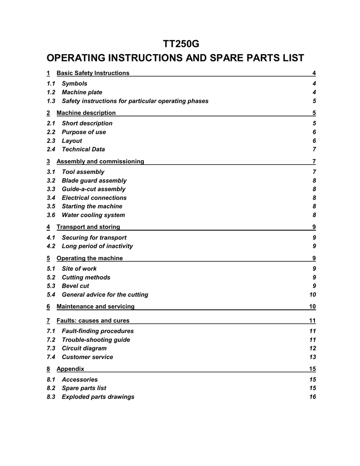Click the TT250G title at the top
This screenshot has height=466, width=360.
click(x=181, y=44)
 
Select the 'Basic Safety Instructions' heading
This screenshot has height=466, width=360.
click(x=93, y=73)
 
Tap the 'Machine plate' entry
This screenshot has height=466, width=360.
click(x=82, y=92)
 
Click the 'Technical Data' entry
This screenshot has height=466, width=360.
click(x=83, y=149)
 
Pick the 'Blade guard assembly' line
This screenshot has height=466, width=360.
click(x=94, y=181)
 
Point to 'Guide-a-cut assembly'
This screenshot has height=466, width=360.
click(x=94, y=189)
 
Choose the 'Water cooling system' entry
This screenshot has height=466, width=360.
click(x=93, y=215)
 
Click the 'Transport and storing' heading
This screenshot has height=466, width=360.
click(x=88, y=227)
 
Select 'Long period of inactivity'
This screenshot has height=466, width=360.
click(x=97, y=246)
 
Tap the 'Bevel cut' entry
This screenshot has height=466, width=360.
click(x=76, y=286)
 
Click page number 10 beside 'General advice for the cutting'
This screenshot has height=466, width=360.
click(x=312, y=295)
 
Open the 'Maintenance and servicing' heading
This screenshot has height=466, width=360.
click(x=96, y=306)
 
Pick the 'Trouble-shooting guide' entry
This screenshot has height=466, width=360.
click(x=96, y=340)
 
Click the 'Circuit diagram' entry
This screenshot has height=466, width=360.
click(x=84, y=349)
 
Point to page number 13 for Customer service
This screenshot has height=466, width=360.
click(x=312, y=357)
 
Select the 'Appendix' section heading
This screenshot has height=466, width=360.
click(x=70, y=368)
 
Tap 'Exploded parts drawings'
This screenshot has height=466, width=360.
click(x=98, y=397)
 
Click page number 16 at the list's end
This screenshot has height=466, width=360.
click(x=312, y=397)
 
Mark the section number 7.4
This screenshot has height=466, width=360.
click(x=51, y=357)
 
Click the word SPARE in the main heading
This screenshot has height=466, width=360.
click(x=221, y=59)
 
